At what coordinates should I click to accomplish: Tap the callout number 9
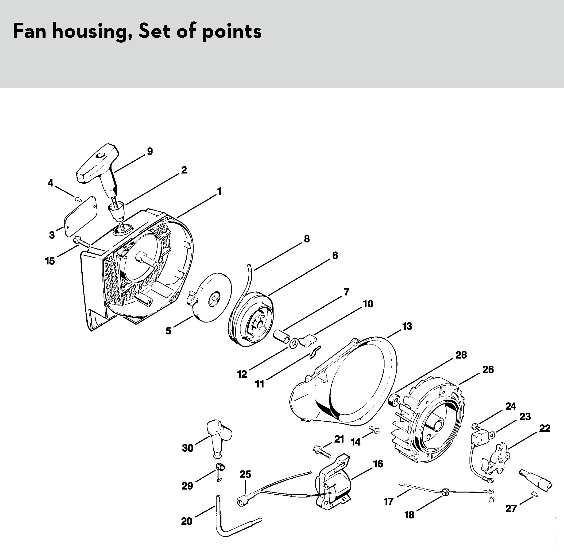(x=150, y=151)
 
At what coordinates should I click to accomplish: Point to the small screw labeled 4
(x=78, y=199)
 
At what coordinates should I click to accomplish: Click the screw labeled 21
(x=322, y=451)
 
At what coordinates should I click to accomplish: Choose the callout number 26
(x=488, y=370)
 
